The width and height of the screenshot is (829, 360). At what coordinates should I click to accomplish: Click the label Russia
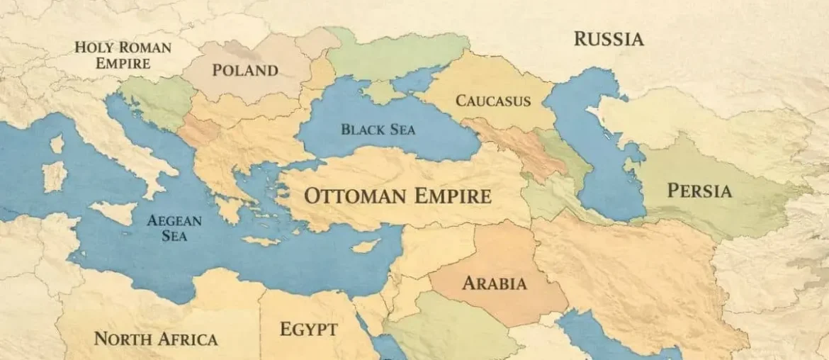609,38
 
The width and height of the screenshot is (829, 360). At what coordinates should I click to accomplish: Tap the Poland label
245,70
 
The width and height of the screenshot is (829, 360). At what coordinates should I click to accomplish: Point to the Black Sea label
378,130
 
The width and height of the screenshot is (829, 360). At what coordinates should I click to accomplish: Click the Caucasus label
492,101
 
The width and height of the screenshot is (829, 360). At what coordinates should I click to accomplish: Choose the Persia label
699,191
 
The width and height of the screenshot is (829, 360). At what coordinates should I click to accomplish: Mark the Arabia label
495,284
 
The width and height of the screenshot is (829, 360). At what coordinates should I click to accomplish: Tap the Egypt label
308,330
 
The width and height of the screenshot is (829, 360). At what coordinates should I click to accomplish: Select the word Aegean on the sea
174,220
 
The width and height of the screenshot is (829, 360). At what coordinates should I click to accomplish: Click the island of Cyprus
366,246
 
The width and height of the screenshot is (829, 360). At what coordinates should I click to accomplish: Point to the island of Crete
261,241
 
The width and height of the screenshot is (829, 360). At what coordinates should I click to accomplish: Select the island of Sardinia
54,176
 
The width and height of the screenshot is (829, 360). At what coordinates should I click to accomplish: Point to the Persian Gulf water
595,333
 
